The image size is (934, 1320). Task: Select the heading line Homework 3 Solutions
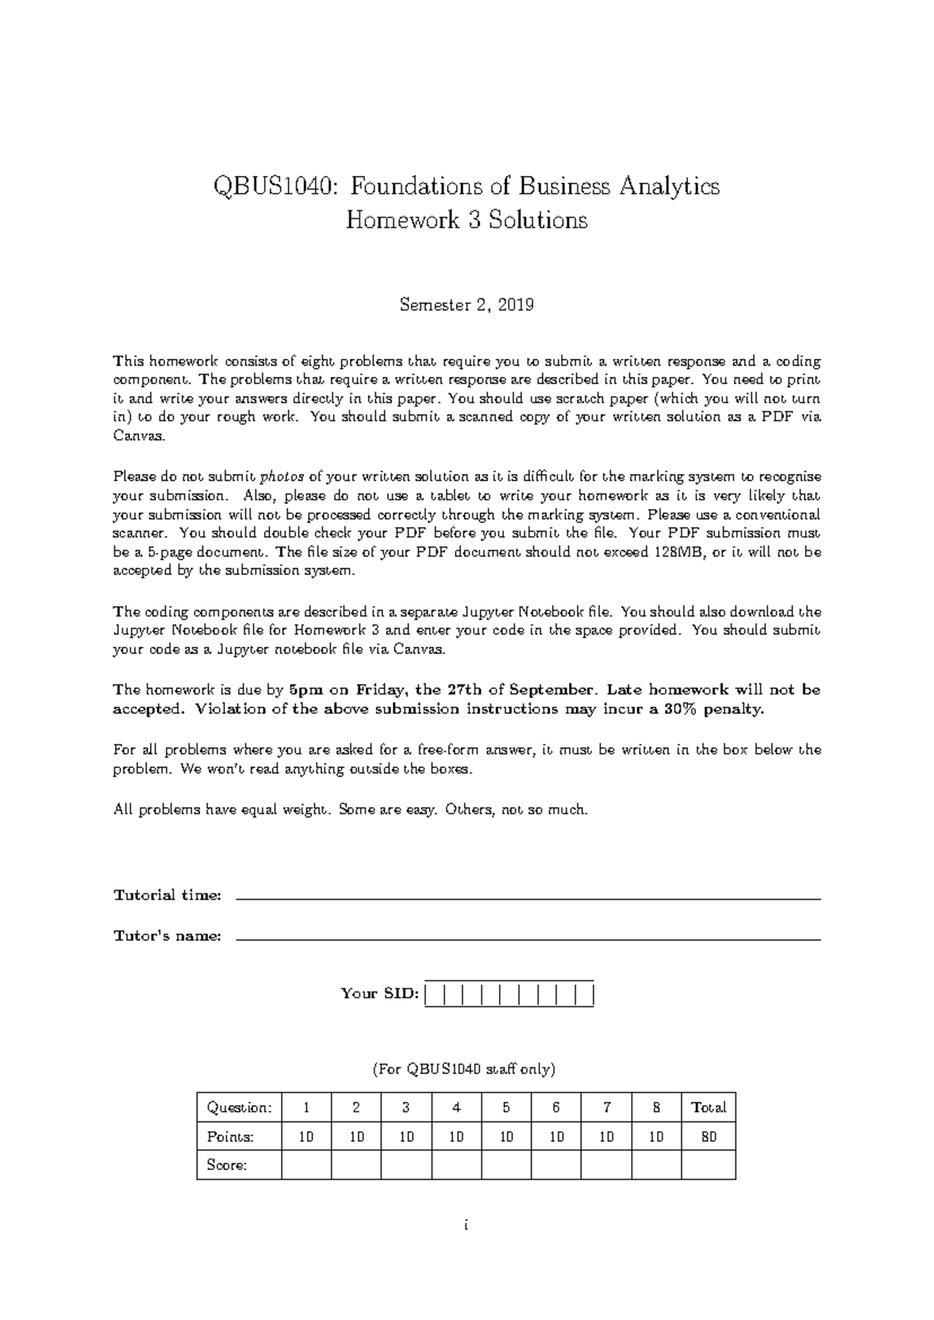(x=466, y=221)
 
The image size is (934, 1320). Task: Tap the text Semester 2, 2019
(x=466, y=305)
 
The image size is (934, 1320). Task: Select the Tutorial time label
(x=167, y=895)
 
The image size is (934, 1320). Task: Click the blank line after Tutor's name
(x=528, y=939)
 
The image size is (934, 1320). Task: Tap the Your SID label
(x=380, y=994)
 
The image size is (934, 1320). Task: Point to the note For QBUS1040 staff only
(x=466, y=1069)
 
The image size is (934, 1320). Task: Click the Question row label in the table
(x=239, y=1108)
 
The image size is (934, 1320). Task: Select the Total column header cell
(x=708, y=1108)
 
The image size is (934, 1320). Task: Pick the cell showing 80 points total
(x=708, y=1137)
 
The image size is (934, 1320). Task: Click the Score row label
(x=227, y=1165)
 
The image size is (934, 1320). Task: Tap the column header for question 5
(x=506, y=1108)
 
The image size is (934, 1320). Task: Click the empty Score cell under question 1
(x=306, y=1165)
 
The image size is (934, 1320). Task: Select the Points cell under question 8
(x=656, y=1137)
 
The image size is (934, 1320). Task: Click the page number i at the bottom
(x=465, y=1225)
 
